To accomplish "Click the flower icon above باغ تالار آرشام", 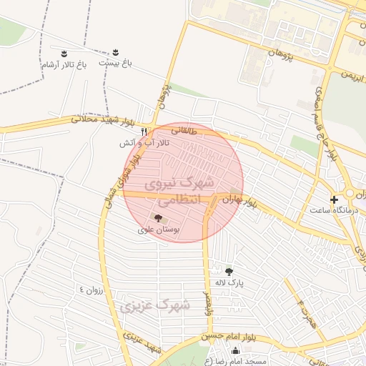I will pyautogui.click(x=64, y=54).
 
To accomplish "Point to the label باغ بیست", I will pyautogui.click(x=117, y=63).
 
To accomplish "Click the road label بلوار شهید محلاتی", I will pyautogui.click(x=99, y=121).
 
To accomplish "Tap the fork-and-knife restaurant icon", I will pyautogui.click(x=144, y=132).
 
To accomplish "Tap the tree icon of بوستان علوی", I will pyautogui.click(x=158, y=218).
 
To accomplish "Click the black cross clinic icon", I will pyautogui.click(x=334, y=199).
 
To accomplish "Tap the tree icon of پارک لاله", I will pyautogui.click(x=229, y=270).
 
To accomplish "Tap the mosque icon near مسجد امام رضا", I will pyautogui.click(x=236, y=350).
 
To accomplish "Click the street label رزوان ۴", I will pyautogui.click(x=91, y=289).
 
